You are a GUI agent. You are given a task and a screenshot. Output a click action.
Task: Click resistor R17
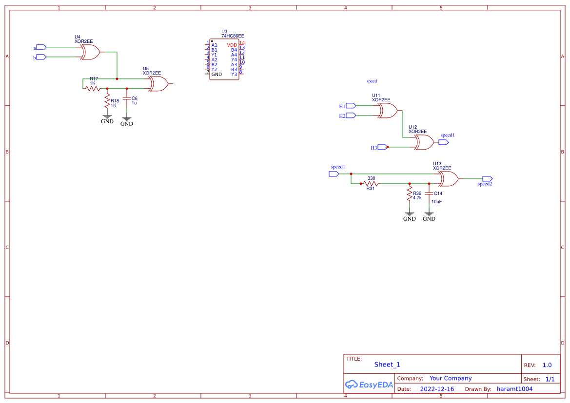click(92, 88)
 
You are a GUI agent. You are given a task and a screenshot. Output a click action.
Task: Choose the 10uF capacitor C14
click(429, 193)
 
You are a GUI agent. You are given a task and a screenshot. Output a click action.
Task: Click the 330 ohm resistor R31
click(371, 184)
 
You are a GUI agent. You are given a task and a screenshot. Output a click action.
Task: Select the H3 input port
click(382, 147)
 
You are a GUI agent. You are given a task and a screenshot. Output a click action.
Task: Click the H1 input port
click(351, 106)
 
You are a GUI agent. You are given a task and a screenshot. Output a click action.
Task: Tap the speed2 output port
click(487, 179)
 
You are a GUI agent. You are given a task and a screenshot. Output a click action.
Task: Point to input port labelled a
click(41, 47)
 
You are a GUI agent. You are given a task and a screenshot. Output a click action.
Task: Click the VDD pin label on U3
click(232, 45)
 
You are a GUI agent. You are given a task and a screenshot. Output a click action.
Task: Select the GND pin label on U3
click(216, 74)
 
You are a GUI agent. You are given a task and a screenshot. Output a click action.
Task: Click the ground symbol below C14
click(429, 213)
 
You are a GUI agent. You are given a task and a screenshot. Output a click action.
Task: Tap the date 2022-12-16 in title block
click(437, 389)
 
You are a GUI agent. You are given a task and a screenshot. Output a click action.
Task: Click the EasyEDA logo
click(369, 384)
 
